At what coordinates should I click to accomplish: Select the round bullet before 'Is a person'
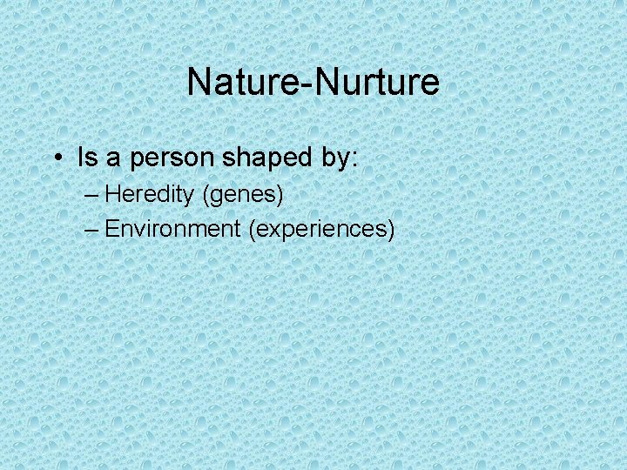point(55,158)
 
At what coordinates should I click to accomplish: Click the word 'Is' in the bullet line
point(86,158)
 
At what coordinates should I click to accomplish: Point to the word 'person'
point(173,159)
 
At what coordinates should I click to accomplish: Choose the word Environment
point(172,229)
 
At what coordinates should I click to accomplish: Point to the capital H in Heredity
point(111,194)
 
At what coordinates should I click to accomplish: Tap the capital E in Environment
point(111,229)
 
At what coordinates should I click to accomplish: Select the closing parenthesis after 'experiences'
point(392,230)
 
